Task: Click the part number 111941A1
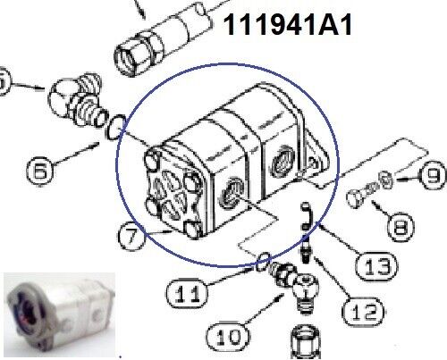[x=288, y=25]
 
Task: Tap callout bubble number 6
[x=40, y=172]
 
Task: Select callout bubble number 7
[x=131, y=237]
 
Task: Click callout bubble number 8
[x=401, y=227]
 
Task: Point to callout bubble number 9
[x=433, y=176]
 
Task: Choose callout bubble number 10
[x=229, y=338]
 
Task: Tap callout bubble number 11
[x=187, y=293]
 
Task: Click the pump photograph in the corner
[x=59, y=314]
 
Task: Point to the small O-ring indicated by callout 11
[x=263, y=262]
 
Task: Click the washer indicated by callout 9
[x=385, y=180]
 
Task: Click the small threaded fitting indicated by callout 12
[x=306, y=249]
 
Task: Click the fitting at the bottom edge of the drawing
[x=306, y=342]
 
